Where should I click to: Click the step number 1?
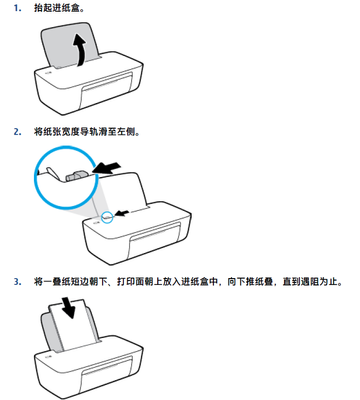click(17, 8)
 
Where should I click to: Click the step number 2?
click(17, 132)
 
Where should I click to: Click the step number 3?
click(17, 282)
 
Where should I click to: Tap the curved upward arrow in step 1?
click(80, 49)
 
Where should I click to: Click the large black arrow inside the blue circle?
click(106, 168)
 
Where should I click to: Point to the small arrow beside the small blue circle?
click(123, 213)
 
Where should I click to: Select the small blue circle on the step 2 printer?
click(107, 218)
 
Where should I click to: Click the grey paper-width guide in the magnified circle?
click(77, 176)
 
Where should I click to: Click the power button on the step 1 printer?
click(49, 72)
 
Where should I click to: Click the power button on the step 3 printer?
click(49, 356)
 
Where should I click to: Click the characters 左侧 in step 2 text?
click(127, 132)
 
